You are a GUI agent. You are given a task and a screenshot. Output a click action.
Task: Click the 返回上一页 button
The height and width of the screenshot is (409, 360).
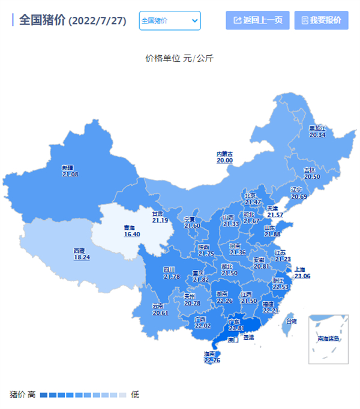click(257, 20)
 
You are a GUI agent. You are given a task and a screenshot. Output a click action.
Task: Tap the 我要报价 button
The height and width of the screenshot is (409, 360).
click(321, 20)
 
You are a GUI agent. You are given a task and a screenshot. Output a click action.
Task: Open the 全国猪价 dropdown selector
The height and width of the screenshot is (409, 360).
click(170, 20)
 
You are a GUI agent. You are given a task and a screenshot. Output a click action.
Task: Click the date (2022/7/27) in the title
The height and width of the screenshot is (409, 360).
click(97, 21)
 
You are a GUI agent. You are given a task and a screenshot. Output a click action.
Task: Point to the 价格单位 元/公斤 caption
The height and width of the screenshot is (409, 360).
click(179, 58)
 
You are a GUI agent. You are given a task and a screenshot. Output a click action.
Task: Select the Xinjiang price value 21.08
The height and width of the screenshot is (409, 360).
click(70, 175)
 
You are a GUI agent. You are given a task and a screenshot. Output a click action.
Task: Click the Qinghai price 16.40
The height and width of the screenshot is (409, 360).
click(131, 234)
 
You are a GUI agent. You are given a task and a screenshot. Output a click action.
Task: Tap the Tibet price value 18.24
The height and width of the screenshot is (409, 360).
click(82, 257)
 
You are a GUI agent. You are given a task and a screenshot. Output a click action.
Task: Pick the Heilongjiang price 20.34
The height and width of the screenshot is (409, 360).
click(317, 135)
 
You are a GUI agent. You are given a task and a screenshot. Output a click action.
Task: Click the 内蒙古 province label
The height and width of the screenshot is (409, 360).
click(225, 154)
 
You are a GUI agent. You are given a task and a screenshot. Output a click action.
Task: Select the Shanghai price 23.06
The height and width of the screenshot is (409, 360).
click(301, 276)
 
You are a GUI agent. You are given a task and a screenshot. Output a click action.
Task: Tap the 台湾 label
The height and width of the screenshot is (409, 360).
click(290, 321)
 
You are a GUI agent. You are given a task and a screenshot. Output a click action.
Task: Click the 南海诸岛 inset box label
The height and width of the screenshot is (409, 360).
click(328, 339)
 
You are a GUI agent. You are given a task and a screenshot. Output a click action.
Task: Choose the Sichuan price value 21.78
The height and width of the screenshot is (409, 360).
click(171, 276)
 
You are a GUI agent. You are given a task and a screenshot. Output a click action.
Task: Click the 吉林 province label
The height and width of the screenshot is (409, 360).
click(310, 170)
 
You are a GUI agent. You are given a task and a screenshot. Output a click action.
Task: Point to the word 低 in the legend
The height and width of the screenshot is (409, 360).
click(135, 395)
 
